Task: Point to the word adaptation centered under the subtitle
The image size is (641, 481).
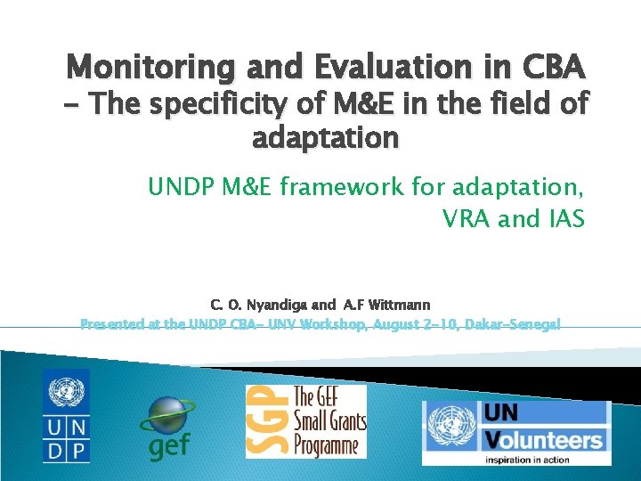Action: tap(326, 138)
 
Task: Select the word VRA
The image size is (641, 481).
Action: tap(471, 218)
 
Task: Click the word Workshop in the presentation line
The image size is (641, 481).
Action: tap(331, 324)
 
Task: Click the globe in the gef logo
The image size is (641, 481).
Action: tap(169, 415)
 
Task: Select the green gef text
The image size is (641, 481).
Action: tap(168, 444)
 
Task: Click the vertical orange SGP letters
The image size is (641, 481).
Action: tap(260, 421)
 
